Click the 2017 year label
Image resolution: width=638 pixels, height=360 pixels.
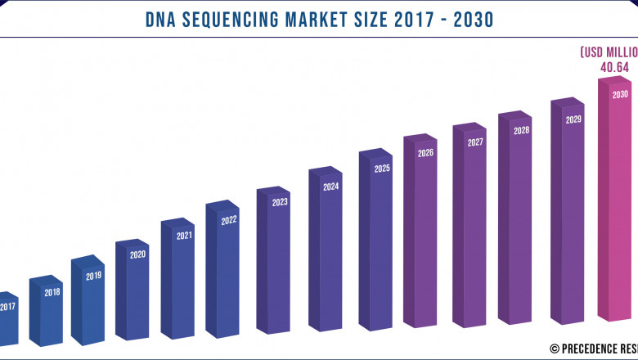click(7, 308)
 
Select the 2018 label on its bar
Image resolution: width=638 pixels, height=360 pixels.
click(52, 292)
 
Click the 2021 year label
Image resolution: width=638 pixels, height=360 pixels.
click(184, 236)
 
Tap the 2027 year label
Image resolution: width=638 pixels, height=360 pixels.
click(474, 142)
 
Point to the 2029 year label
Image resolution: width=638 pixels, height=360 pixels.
click(573, 119)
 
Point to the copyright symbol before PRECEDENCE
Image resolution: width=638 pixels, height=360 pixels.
click(555, 348)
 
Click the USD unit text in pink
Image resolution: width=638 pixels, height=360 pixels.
click(594, 52)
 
